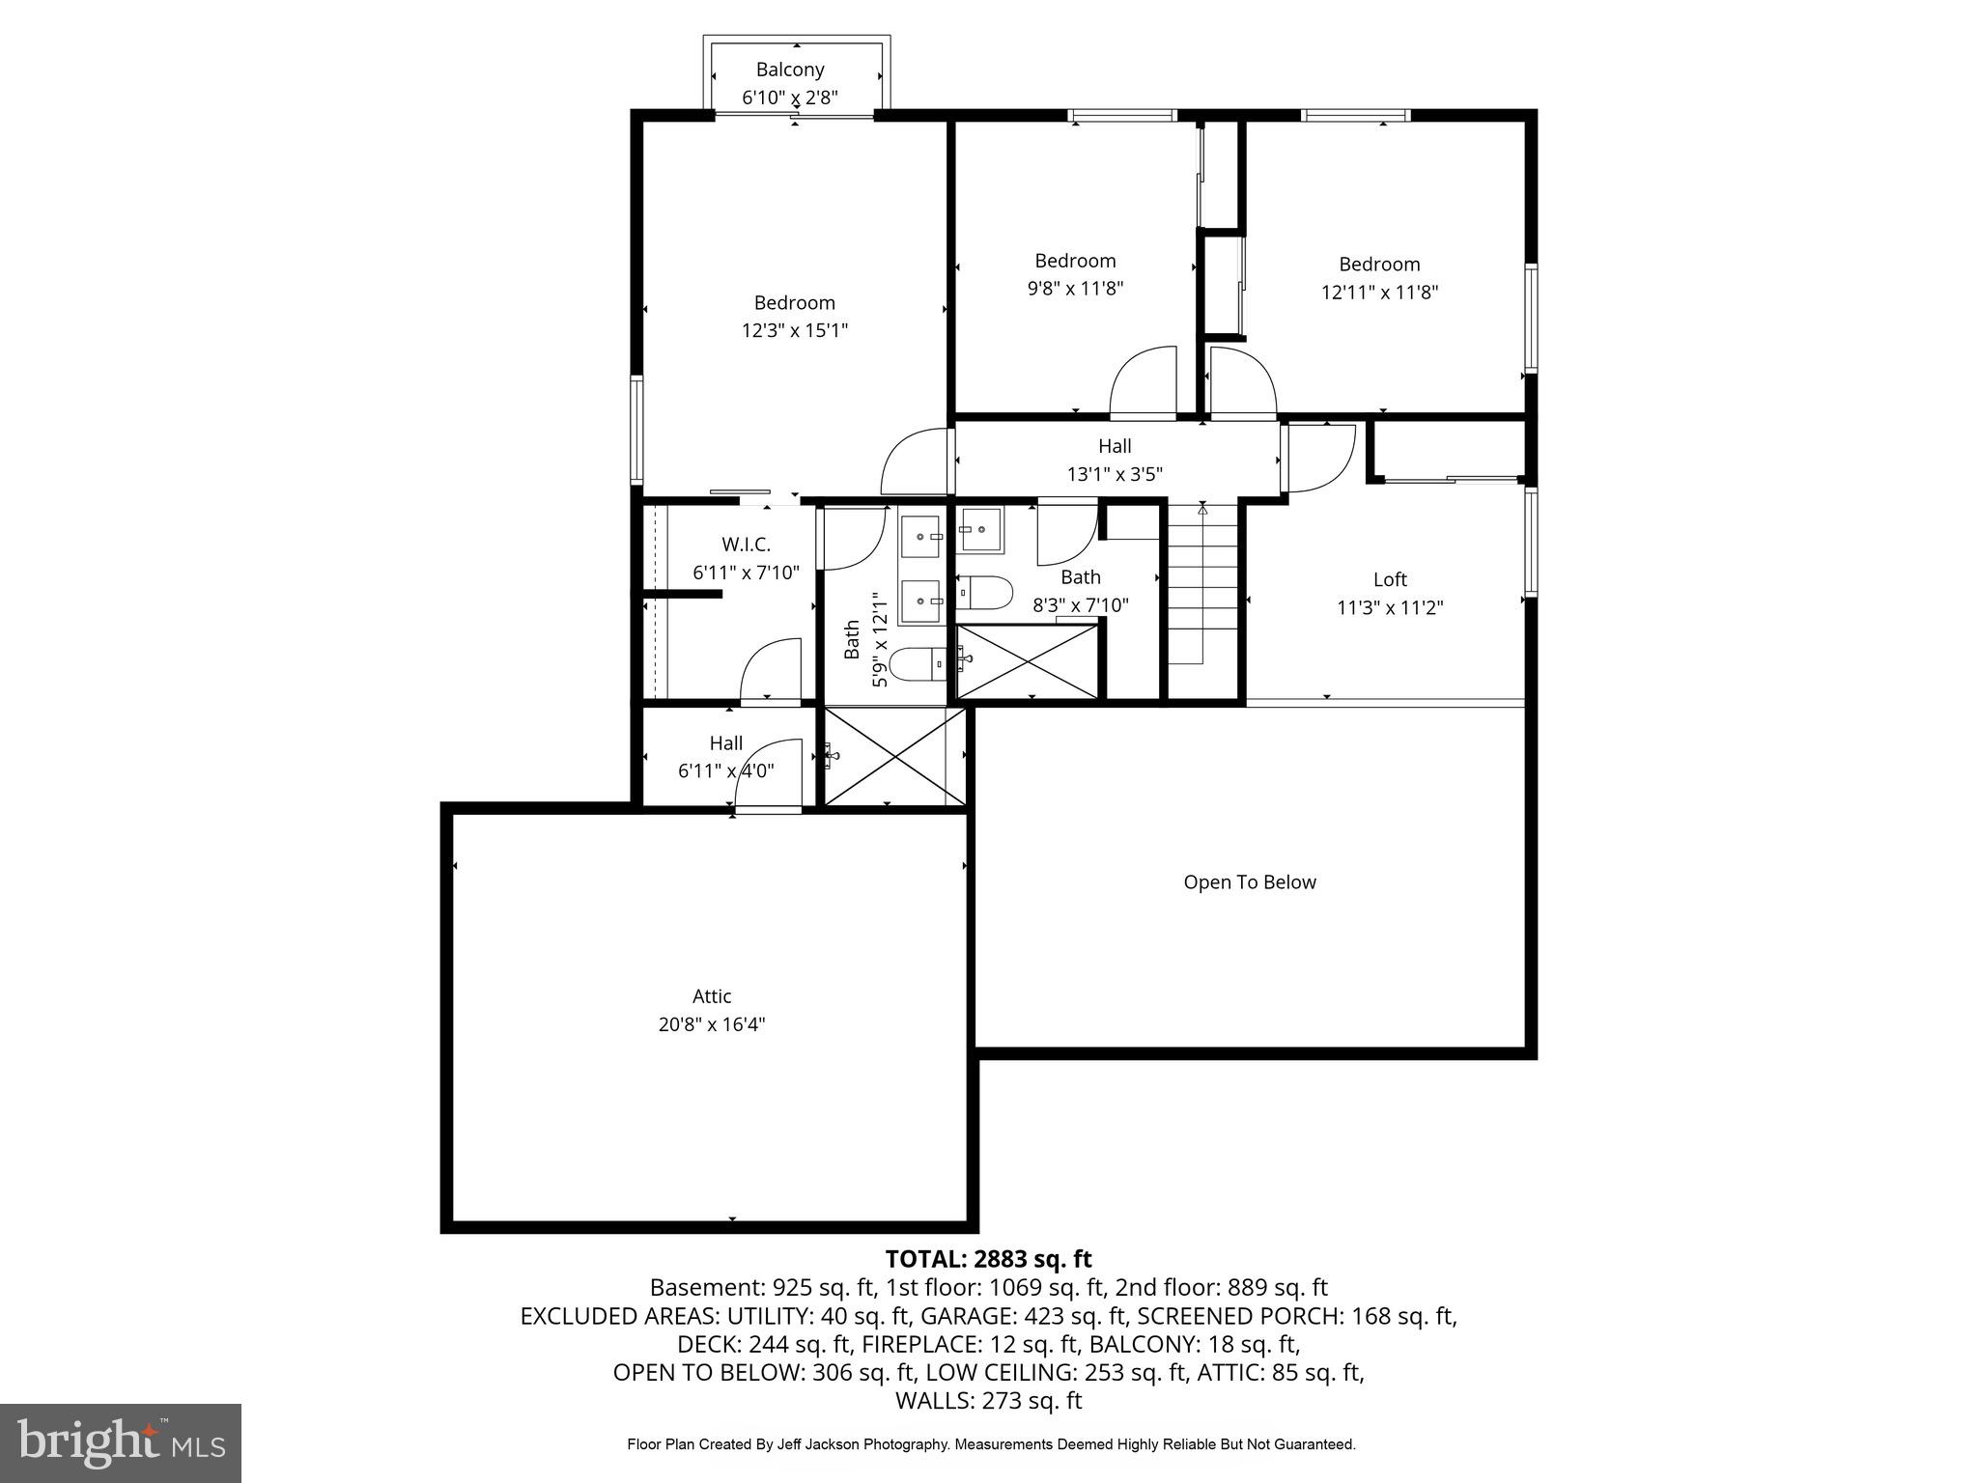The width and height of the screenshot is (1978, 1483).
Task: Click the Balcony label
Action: tap(789, 70)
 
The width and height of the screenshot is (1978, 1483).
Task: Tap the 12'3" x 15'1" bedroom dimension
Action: tap(794, 330)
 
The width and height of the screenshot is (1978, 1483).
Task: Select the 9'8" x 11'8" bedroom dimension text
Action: tap(1075, 288)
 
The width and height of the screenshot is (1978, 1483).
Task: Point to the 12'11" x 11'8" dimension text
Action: tap(1379, 292)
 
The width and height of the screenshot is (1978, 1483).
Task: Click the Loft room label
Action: tap(1390, 579)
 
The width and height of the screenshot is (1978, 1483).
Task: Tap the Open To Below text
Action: tap(1250, 881)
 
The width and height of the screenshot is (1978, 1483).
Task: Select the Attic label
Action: tap(712, 995)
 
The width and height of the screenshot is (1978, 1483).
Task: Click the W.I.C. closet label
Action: tap(746, 545)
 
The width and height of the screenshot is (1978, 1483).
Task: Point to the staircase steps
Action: tap(1202, 589)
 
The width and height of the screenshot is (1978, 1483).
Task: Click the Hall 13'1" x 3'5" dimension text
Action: tap(1115, 474)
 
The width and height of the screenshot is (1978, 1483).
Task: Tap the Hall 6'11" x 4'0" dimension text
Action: tap(726, 770)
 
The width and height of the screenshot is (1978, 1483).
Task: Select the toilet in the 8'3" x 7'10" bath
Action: tap(984, 592)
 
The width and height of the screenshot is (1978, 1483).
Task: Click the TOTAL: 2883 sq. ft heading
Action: tap(988, 1259)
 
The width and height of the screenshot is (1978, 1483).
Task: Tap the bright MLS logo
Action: tap(121, 1442)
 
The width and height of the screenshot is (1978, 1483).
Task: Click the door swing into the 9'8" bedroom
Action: tap(1144, 384)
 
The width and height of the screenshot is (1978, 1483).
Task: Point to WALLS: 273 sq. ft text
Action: tap(988, 1400)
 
